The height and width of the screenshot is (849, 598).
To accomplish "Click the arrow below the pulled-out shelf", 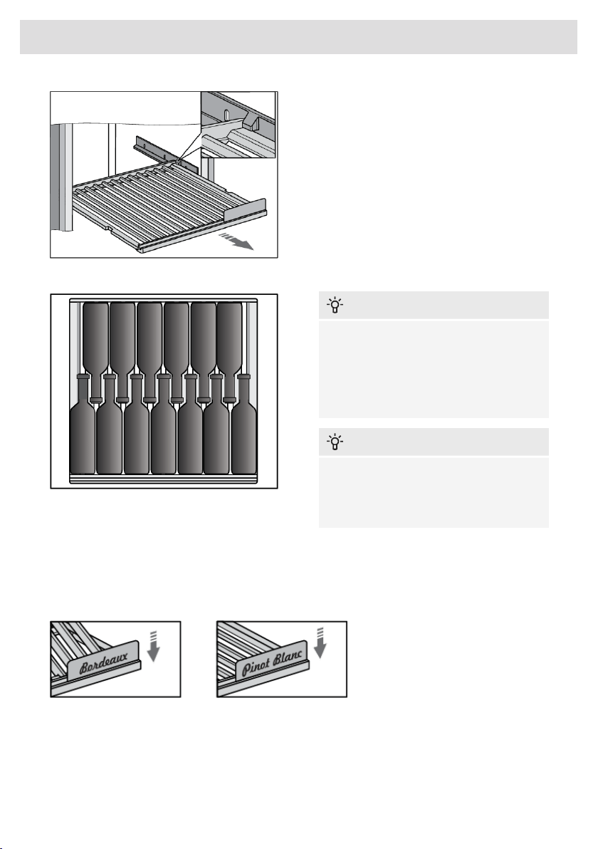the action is [236, 241].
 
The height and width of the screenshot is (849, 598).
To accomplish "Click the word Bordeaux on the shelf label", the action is [104, 662].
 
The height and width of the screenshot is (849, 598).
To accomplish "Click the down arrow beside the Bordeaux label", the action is [154, 646].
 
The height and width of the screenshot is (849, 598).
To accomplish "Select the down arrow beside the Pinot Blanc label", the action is [320, 642].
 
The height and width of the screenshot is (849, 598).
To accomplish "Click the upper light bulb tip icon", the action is [335, 306].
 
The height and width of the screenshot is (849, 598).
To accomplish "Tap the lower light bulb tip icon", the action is [335, 442].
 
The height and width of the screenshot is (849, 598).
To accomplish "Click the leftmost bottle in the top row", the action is [96, 352].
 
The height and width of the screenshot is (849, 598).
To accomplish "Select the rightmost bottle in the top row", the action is [229, 352].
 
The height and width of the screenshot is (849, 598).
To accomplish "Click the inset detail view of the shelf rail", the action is [238, 125].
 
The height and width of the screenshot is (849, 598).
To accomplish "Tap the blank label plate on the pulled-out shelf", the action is [245, 209].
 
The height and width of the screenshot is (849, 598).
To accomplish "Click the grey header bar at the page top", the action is [299, 37].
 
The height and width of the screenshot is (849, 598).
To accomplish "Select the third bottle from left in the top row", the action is [149, 352].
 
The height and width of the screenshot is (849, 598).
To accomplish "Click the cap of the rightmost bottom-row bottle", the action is [244, 376].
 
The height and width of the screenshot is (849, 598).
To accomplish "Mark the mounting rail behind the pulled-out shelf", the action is [166, 155].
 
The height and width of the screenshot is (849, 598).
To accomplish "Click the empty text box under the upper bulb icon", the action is [434, 369].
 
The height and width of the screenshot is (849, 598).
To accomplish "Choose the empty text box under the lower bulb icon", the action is [434, 492].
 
